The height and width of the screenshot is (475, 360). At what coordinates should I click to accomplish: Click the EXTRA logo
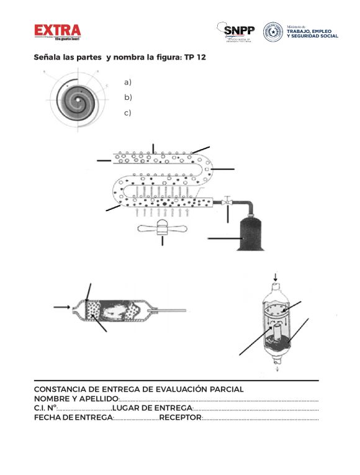tap(57, 30)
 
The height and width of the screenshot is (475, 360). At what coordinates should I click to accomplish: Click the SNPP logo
tap(239, 30)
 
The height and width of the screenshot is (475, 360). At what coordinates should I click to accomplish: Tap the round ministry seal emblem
tap(272, 32)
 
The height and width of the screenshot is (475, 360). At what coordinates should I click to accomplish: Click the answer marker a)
tap(128, 82)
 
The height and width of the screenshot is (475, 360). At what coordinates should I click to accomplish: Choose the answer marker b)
tap(128, 97)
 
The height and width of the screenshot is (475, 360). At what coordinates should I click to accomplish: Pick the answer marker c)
tap(128, 113)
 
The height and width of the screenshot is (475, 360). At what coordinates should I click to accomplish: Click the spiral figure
tap(74, 97)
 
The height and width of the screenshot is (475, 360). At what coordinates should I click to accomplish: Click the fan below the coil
tap(162, 228)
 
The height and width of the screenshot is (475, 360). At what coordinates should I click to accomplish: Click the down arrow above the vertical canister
tap(276, 276)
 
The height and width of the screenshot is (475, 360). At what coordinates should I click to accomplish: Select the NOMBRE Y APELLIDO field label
tap(76, 399)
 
